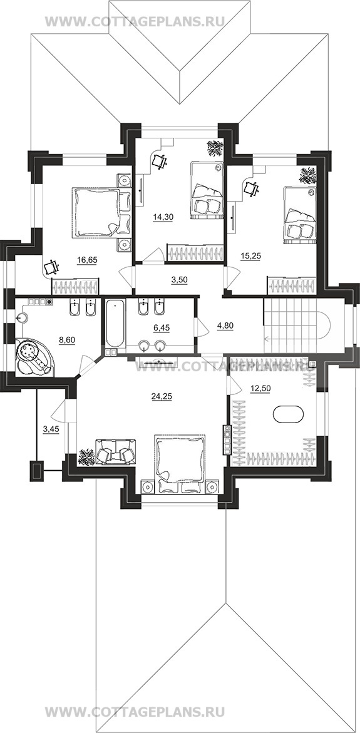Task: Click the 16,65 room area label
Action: pos(88,260)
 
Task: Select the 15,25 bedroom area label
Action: pos(250,257)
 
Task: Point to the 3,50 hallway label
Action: pos(178,280)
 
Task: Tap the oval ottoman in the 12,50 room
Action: pos(288,414)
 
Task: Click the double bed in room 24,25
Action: pos(180,464)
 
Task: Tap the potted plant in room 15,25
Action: pos(308,175)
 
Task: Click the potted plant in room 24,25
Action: pos(86,457)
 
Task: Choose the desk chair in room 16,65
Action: pos(51,267)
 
